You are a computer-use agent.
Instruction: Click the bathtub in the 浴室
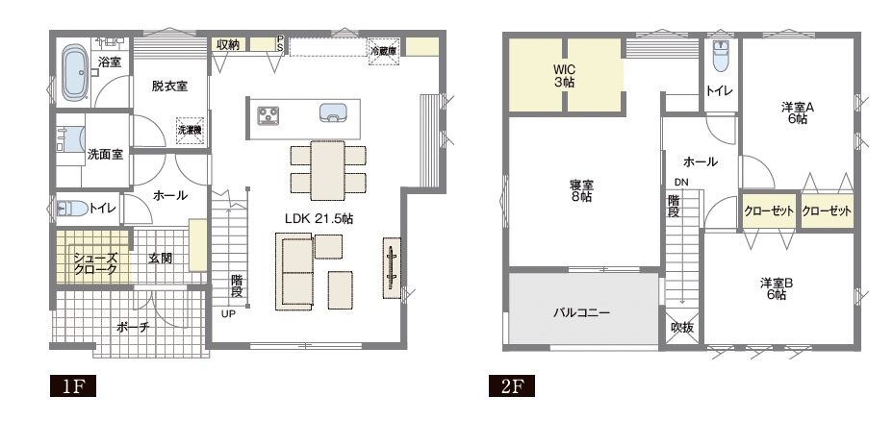tap(73, 74)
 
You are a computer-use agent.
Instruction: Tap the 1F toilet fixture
tap(72, 209)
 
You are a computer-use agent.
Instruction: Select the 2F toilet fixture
tap(721, 57)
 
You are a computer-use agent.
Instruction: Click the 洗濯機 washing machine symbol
tap(190, 131)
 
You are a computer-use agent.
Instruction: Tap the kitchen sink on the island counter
tap(333, 112)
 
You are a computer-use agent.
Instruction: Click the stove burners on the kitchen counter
tap(268, 115)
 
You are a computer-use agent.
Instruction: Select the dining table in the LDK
tap(327, 170)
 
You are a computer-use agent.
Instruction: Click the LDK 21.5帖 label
tap(319, 218)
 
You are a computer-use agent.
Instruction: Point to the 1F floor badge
tap(73, 386)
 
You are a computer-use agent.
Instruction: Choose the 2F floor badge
tap(511, 386)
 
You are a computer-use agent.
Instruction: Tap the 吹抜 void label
tap(681, 329)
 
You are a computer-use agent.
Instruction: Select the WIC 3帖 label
tap(564, 76)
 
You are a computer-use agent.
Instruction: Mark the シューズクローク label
tap(95, 264)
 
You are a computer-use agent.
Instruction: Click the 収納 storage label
tap(228, 45)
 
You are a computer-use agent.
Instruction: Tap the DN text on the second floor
tap(681, 183)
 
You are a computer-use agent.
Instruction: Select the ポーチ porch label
tap(133, 328)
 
